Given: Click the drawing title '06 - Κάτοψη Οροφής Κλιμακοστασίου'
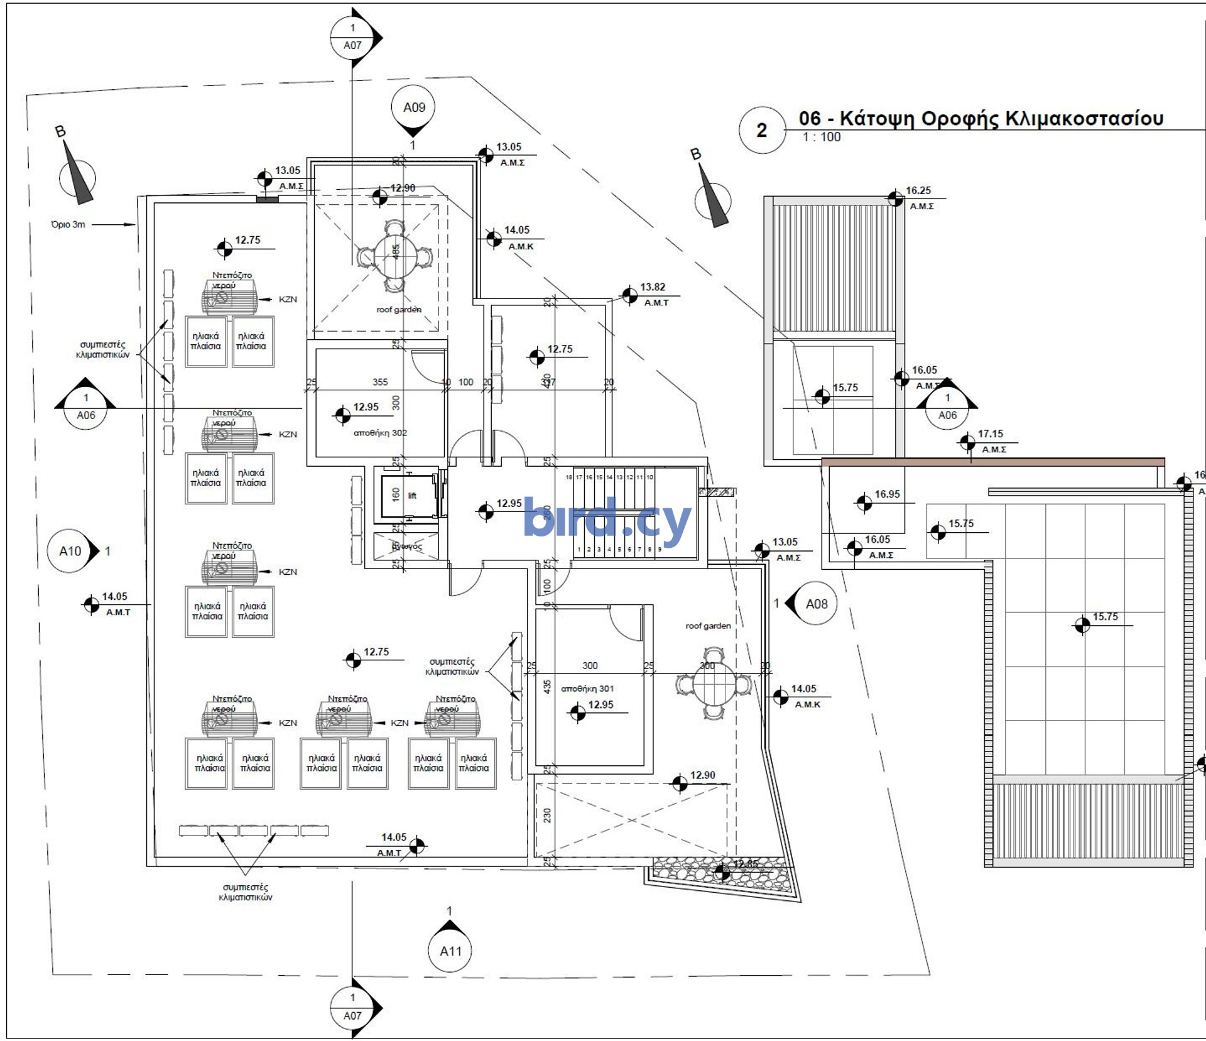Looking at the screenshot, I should [981, 118].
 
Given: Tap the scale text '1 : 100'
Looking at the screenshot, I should [821, 137].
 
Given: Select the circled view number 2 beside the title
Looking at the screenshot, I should [762, 130].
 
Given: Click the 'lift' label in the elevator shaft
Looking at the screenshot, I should [412, 496].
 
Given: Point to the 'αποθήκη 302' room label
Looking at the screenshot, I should [380, 433].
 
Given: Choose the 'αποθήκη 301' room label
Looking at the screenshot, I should [587, 689].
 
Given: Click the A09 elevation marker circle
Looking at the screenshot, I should [413, 107].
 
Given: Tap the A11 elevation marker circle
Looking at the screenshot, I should [450, 951].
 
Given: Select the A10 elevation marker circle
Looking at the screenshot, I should [70, 551].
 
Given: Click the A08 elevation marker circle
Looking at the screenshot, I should [817, 604].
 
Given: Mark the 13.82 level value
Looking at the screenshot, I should [652, 287].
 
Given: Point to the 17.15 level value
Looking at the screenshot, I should [990, 433].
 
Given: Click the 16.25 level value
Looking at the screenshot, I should [918, 190].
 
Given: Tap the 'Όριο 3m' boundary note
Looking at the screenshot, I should [68, 224].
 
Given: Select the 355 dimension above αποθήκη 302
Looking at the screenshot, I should [380, 382].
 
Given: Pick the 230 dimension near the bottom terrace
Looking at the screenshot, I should [547, 815].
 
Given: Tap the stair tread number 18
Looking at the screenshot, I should [568, 477].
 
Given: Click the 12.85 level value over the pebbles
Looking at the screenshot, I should [746, 864].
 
